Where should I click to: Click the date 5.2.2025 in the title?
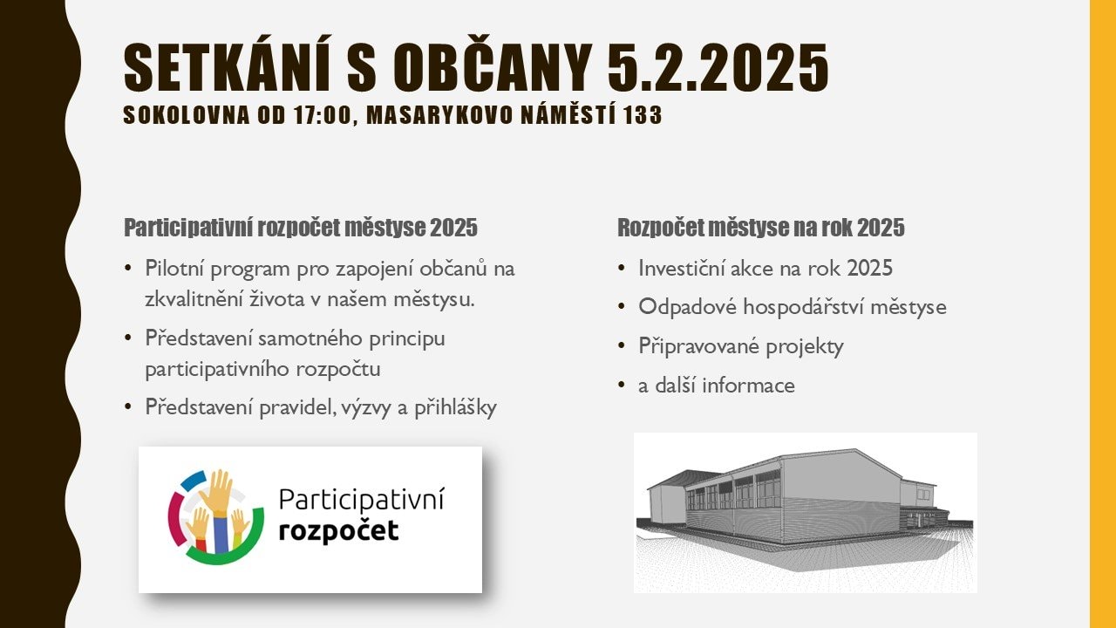click(x=718, y=67)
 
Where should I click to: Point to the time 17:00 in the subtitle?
click(x=323, y=115)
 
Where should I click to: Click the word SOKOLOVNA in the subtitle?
click(x=187, y=115)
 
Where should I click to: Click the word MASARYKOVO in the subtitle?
click(x=439, y=115)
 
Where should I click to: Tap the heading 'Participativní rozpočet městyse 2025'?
click(x=301, y=228)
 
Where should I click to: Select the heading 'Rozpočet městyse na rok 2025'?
click(x=761, y=228)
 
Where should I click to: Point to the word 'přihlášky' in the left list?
click(x=455, y=407)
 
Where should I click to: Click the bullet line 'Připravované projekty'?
click(x=741, y=346)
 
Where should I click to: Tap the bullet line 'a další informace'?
click(x=717, y=386)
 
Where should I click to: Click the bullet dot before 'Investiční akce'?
click(x=621, y=269)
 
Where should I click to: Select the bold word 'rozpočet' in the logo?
click(x=339, y=531)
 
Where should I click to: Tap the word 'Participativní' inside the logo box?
click(x=361, y=500)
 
